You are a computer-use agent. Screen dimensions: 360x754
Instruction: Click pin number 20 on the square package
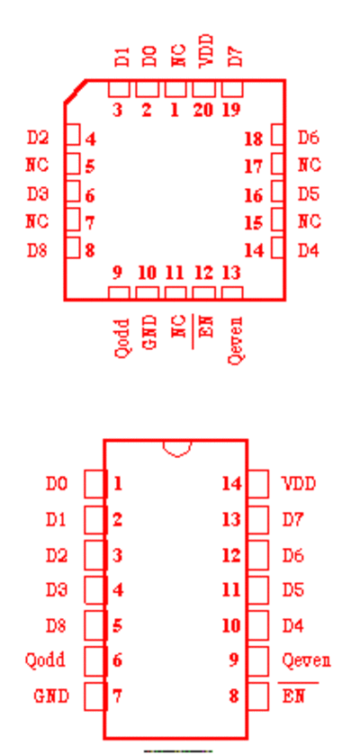[x=203, y=110]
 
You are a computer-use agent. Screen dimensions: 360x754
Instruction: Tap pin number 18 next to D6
[x=254, y=139]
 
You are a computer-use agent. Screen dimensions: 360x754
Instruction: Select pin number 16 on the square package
[x=254, y=196]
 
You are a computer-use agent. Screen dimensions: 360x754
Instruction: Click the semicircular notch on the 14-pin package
[x=177, y=448]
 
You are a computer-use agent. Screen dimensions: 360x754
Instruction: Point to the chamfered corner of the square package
[x=76, y=92]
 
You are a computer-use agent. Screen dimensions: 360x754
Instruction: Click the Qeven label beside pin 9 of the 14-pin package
[x=307, y=660]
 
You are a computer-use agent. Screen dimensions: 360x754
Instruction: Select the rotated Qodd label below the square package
[x=122, y=337]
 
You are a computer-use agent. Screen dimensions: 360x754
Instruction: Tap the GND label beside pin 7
[x=51, y=696]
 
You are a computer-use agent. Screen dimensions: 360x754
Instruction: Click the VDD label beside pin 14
[x=299, y=483]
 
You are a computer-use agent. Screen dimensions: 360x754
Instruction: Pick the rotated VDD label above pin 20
[x=204, y=50]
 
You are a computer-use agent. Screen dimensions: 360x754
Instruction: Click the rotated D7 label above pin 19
[x=234, y=57]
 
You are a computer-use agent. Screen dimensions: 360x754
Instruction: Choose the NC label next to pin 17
[x=309, y=165]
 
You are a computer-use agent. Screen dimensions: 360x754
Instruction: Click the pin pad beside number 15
[x=278, y=220]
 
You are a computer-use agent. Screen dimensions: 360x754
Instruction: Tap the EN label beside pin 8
[x=293, y=696]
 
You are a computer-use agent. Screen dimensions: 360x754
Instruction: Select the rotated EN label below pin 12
[x=205, y=326]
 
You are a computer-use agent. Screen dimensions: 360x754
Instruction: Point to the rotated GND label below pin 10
[x=149, y=332]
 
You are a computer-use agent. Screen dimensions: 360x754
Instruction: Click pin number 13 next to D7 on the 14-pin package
[x=231, y=519]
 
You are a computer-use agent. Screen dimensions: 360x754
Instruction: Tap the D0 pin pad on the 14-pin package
[x=94, y=483]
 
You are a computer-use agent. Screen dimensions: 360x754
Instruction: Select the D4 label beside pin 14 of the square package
[x=308, y=250]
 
